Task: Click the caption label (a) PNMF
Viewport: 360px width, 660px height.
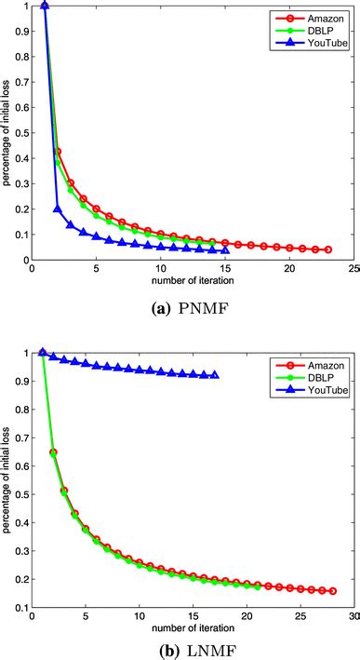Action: (x=180, y=302)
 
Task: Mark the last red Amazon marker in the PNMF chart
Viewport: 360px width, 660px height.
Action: (x=328, y=249)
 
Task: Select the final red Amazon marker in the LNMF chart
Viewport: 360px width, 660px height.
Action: (x=332, y=591)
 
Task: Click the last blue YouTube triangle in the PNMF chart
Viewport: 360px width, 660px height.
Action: (x=225, y=249)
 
